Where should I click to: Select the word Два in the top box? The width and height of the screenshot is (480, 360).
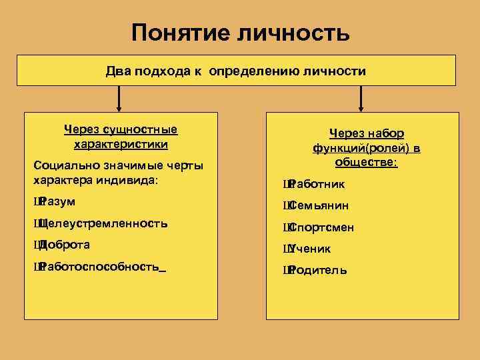119,71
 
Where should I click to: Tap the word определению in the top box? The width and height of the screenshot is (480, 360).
247,71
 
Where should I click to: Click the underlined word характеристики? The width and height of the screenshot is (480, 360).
120,144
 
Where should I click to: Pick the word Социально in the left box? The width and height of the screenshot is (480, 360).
62,165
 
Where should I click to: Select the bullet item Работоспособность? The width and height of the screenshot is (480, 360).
99,267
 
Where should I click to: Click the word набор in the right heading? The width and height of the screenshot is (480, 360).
386,133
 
